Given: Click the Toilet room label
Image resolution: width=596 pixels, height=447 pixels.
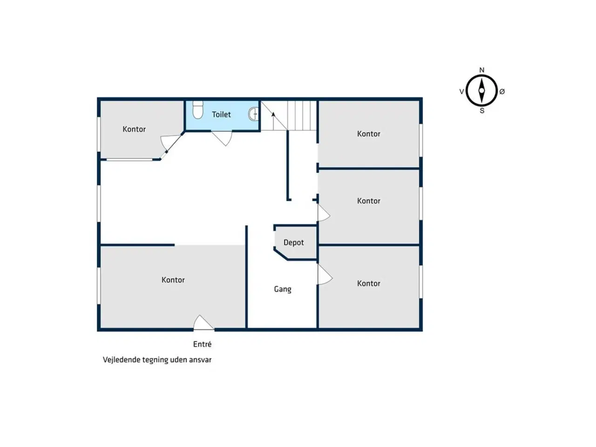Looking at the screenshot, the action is coord(221,115).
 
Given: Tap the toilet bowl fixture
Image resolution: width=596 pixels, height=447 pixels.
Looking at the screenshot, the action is coord(198,109).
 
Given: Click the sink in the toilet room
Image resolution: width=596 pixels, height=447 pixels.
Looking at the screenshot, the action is coord(253,114).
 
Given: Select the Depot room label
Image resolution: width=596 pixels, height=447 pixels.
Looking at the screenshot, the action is coord(293,243).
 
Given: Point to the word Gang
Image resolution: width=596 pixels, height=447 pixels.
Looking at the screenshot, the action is coord(282,289).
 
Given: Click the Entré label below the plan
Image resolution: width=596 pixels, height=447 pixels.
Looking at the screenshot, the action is coord(202,344).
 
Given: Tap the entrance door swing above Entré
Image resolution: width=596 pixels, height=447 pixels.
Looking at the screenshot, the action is coord(203,323).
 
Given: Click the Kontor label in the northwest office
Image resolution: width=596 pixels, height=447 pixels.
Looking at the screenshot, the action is coord(134,129).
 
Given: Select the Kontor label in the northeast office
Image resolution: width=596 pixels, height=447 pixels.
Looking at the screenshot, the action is coord(368,134).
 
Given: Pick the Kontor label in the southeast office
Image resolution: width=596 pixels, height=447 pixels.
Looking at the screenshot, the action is coord(368,284).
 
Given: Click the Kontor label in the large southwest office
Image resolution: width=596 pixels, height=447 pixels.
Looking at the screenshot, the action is coord(173,280).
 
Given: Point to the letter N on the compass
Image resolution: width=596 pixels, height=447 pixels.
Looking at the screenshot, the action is coord(481,70).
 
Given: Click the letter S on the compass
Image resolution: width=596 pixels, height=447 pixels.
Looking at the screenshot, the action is coord(482,111).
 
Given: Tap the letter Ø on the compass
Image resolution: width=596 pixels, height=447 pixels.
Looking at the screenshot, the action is coord(502,92).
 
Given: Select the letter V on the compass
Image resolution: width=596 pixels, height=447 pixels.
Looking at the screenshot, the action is coord(461,92).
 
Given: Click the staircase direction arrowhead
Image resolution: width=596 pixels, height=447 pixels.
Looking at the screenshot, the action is coord(273,115).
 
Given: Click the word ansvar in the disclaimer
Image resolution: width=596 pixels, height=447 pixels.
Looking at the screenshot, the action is coord(202,360).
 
